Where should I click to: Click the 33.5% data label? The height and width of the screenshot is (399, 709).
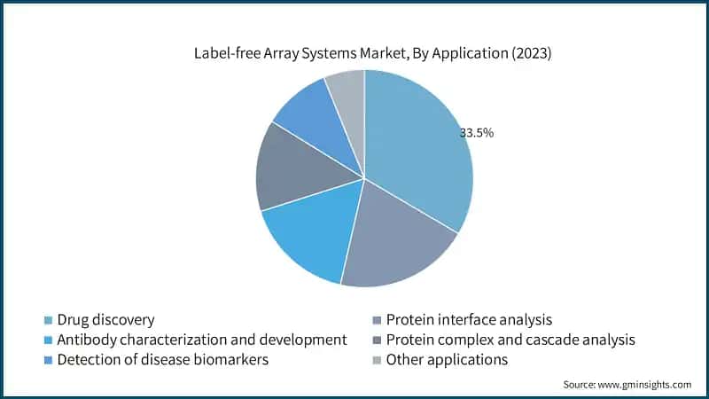coord(476,133)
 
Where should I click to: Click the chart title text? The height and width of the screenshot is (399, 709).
coord(372,53)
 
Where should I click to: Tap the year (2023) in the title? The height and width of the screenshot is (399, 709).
coord(527,53)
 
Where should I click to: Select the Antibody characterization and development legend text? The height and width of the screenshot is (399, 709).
coord(201,340)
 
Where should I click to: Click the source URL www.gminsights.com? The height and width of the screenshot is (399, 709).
coord(645,385)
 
